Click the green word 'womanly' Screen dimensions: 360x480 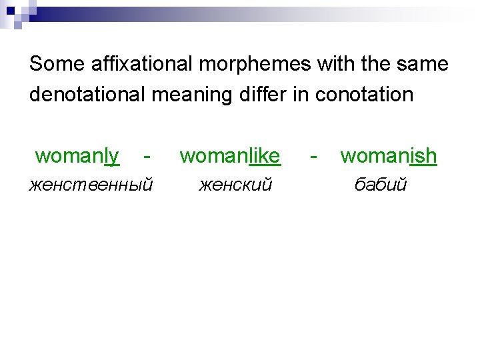click(x=77, y=156)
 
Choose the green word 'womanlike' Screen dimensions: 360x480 click(x=230, y=156)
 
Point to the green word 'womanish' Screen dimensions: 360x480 click(x=389, y=156)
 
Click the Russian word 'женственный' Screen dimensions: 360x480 click(x=91, y=184)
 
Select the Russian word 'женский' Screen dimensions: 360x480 click(x=235, y=184)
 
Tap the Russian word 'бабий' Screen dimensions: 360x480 click(x=380, y=184)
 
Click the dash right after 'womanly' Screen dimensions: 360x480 click(x=147, y=157)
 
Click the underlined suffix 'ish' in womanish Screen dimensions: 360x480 click(x=423, y=156)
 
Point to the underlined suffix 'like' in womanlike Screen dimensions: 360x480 click(x=264, y=156)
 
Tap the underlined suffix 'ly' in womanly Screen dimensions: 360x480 click(x=111, y=156)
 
